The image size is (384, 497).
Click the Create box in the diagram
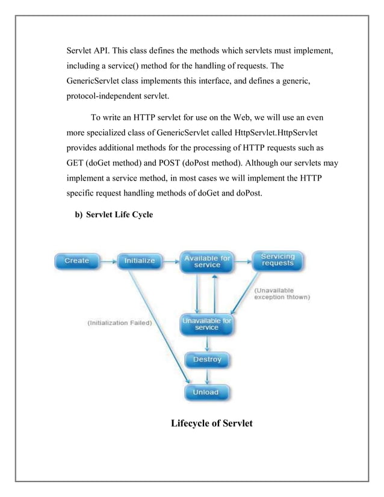click(x=77, y=261)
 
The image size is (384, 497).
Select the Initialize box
click(x=140, y=261)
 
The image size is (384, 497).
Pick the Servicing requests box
click(x=277, y=260)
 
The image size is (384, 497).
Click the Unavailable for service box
click(x=207, y=324)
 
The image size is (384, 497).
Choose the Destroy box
click(x=207, y=360)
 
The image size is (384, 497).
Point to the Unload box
click(x=207, y=392)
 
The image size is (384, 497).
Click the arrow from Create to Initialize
click(x=108, y=261)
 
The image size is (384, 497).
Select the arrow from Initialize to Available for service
click(x=171, y=261)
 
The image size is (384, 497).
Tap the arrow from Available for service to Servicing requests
click(x=242, y=261)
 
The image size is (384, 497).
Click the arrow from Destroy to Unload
click(x=207, y=376)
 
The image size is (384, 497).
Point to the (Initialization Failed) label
click(x=120, y=323)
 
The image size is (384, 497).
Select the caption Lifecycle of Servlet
click(x=212, y=424)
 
